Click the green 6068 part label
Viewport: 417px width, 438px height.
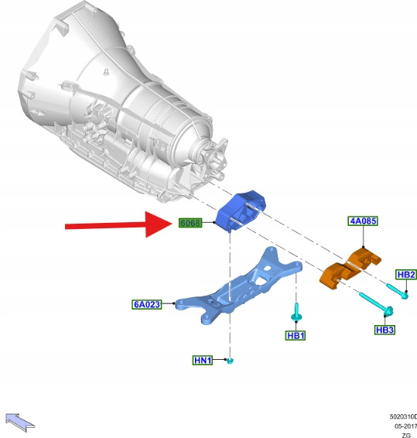(x=190, y=223)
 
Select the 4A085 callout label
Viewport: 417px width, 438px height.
(x=363, y=221)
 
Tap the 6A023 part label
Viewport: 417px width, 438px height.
(x=147, y=304)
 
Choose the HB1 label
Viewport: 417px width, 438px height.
(x=296, y=335)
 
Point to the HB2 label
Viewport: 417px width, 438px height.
(x=406, y=275)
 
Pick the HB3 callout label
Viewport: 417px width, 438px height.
(x=385, y=330)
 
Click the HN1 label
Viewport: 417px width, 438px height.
(x=203, y=360)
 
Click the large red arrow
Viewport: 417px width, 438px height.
(x=118, y=224)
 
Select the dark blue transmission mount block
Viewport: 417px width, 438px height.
(x=241, y=211)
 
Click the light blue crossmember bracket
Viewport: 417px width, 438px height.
(x=238, y=286)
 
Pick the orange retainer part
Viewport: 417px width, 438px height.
(x=349, y=269)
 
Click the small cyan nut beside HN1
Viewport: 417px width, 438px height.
(x=230, y=361)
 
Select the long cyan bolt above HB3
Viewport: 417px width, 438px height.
(x=376, y=303)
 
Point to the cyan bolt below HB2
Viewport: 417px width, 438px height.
(x=398, y=291)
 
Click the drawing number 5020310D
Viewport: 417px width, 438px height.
(x=403, y=417)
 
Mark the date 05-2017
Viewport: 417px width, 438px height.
(x=405, y=426)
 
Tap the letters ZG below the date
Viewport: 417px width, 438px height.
(x=406, y=435)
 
